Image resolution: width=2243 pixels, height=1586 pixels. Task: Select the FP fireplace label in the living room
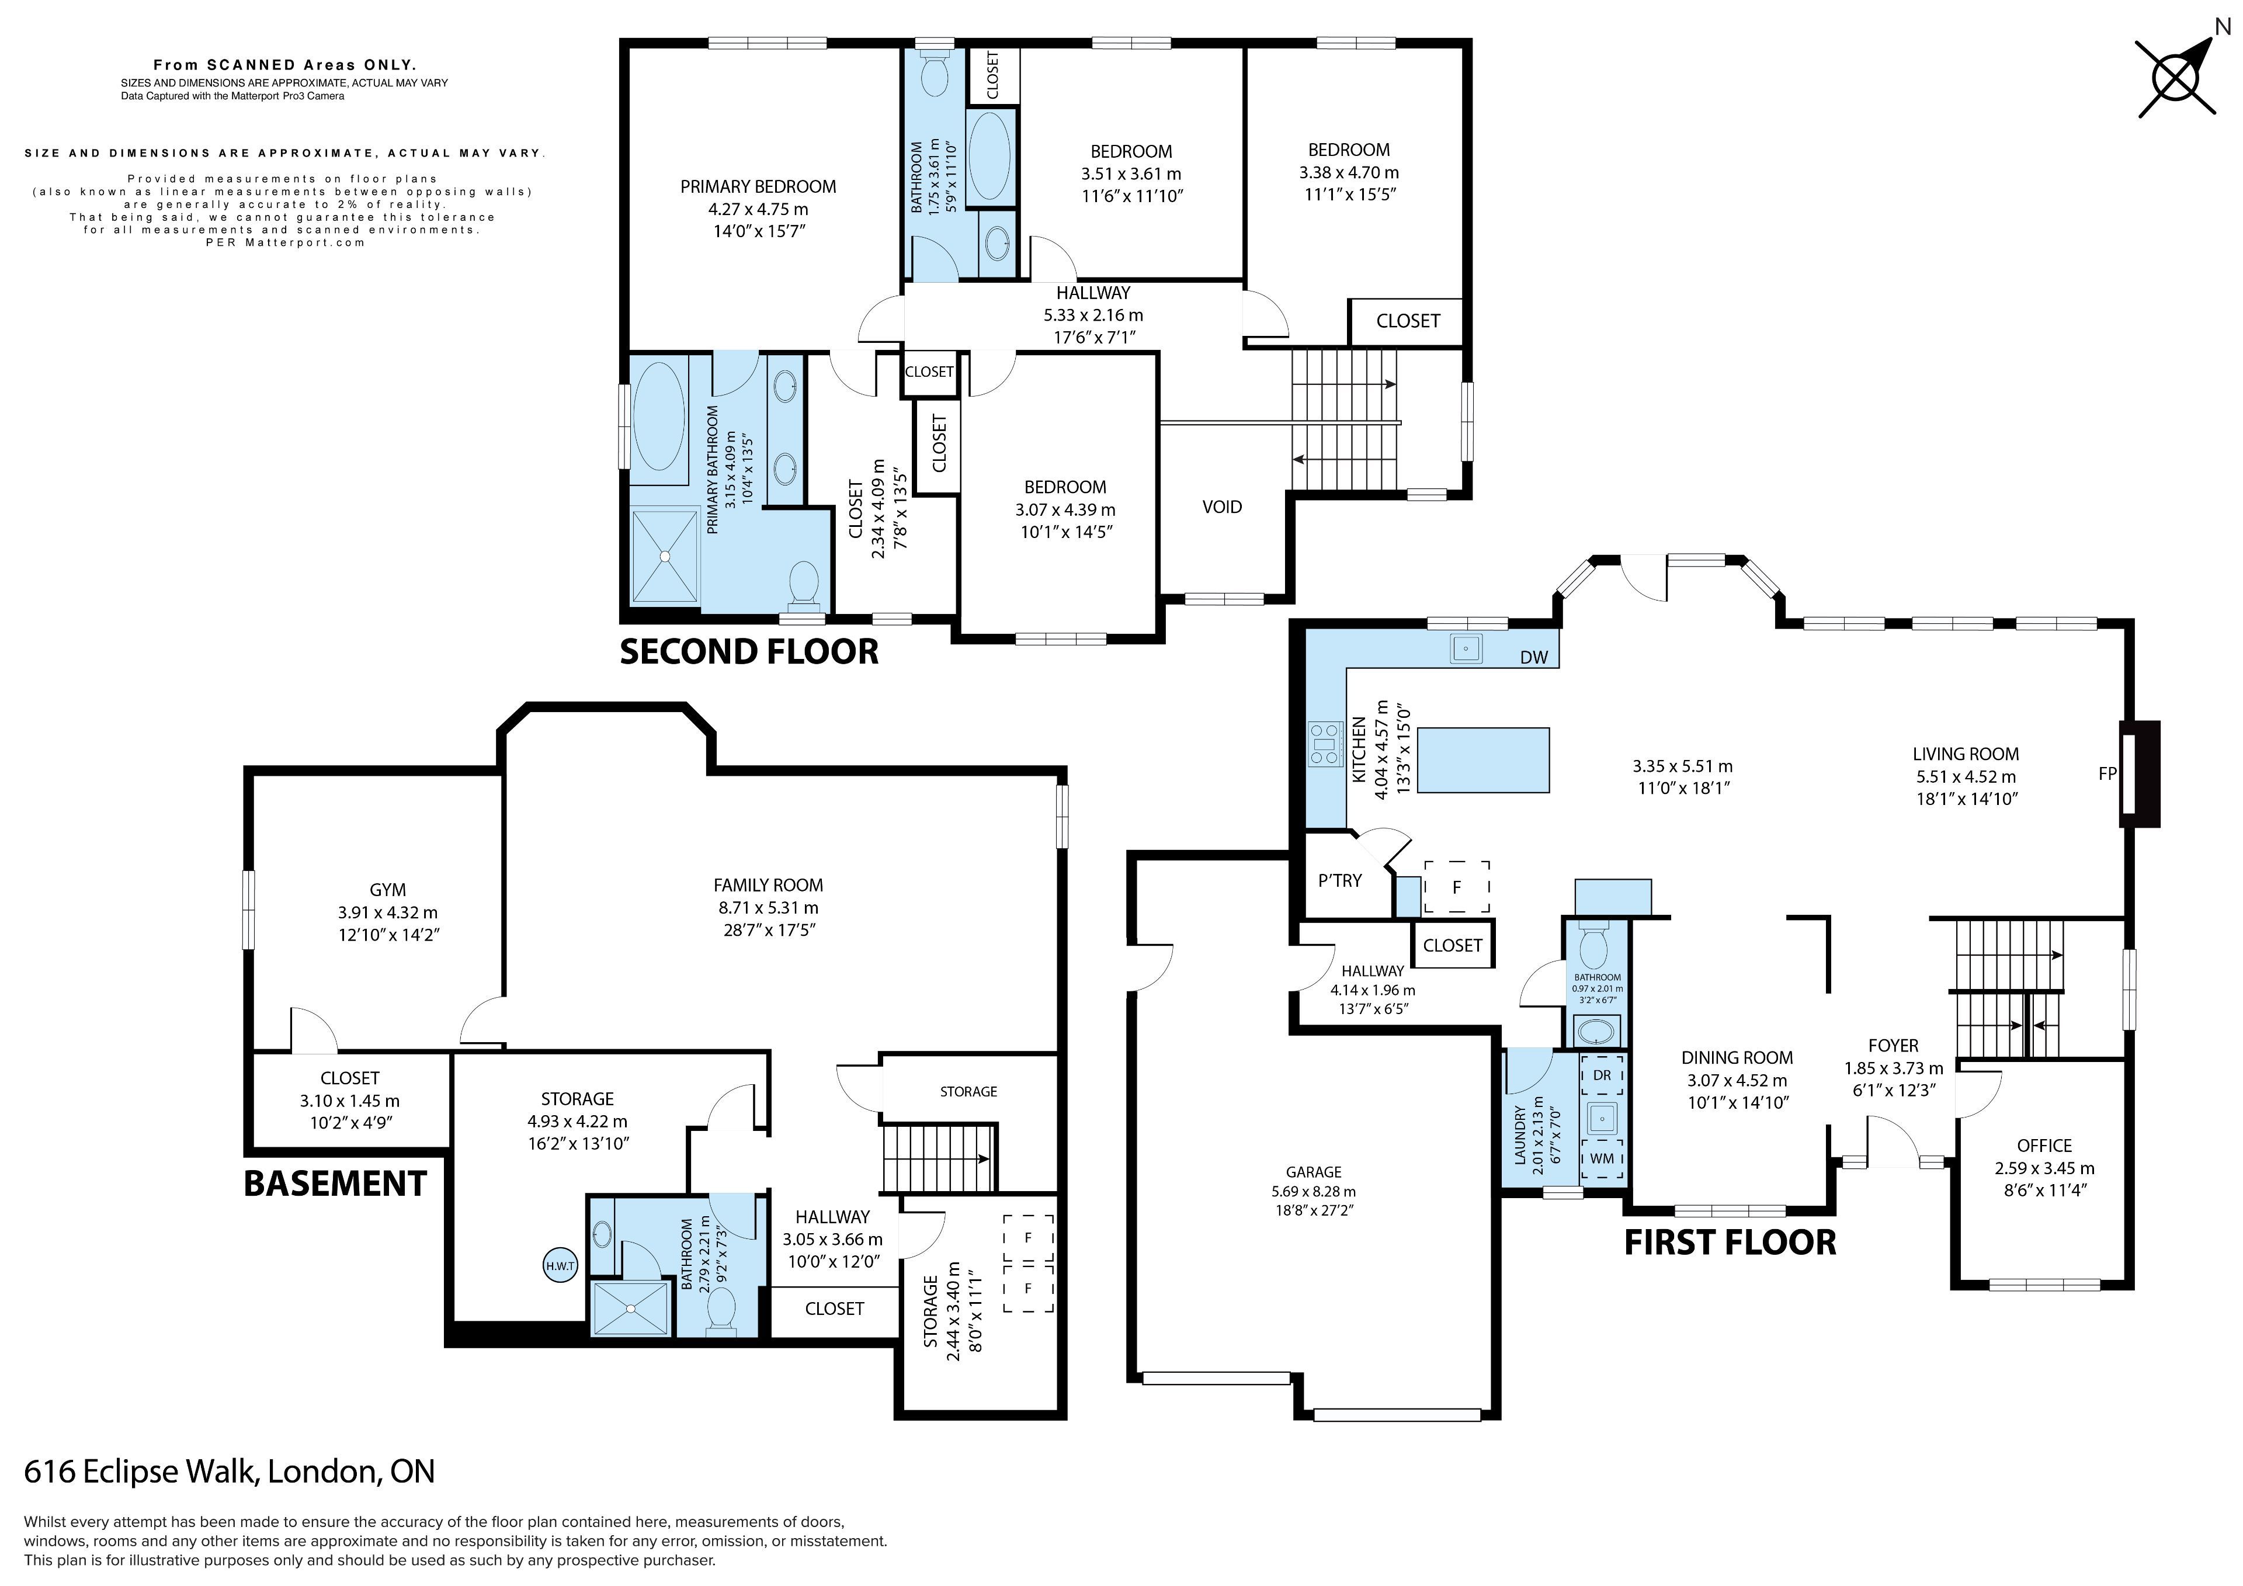(x=2107, y=774)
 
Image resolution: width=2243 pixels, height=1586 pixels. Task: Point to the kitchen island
(x=1483, y=760)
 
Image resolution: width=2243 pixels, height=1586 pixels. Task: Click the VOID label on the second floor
(x=1222, y=506)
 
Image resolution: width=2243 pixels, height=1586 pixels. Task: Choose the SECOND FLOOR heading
(x=749, y=652)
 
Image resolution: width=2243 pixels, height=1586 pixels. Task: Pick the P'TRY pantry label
(x=1339, y=880)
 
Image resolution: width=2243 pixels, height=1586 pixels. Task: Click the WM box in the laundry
(x=1602, y=1158)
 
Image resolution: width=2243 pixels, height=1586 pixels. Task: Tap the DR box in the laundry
(x=1602, y=1075)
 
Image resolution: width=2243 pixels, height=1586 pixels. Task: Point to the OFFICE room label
(x=2044, y=1146)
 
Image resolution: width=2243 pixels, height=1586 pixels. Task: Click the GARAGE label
(x=1313, y=1172)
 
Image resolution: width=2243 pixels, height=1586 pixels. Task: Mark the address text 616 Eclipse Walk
(x=142, y=1472)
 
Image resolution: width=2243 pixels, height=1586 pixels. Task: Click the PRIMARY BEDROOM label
(x=758, y=187)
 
